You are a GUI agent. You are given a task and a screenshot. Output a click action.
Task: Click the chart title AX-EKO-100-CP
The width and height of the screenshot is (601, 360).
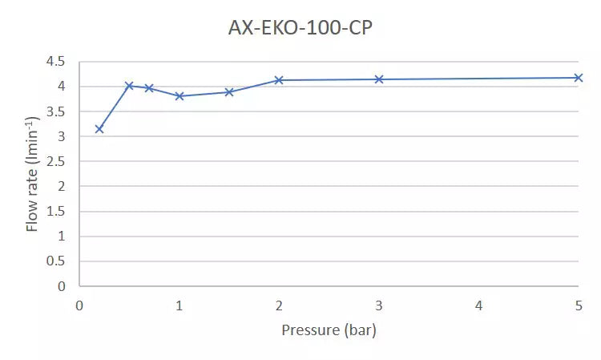pos(300,29)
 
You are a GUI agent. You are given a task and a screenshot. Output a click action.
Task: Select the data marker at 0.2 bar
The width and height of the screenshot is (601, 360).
pos(99,129)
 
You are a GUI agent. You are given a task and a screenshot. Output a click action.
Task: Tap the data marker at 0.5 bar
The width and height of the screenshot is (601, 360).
pos(129,86)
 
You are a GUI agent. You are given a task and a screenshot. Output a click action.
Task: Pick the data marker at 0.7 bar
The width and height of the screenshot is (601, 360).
pos(149,88)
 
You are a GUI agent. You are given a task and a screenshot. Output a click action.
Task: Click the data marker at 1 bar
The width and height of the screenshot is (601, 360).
pos(179,96)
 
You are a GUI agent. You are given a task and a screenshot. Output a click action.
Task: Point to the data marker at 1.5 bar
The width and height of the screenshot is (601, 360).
pos(229,92)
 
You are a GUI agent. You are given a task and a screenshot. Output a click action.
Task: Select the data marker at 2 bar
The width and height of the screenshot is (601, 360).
pos(279,80)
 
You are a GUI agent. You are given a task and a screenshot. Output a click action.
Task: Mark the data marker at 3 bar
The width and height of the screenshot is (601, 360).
pos(379,79)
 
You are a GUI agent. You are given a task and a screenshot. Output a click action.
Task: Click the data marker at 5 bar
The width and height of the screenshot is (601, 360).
pos(579,78)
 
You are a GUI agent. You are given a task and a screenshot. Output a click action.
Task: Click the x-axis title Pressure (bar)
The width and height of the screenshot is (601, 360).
pos(329,330)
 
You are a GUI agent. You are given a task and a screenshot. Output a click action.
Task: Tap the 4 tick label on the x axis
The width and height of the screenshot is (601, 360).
pos(478,305)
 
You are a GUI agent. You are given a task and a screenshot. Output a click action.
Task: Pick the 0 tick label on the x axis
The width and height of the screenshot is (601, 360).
pos(79,305)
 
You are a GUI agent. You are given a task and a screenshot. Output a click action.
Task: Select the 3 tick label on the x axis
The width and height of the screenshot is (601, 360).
pos(379,305)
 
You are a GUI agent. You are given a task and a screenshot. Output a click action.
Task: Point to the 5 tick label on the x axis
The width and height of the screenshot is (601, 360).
pos(579,305)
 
